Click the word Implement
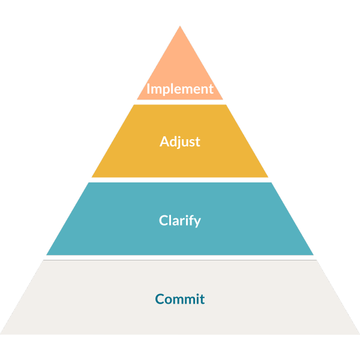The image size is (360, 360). coord(180,89)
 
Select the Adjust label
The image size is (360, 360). coord(180,142)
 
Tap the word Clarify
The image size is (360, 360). coord(180,220)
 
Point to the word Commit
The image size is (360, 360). coord(180,298)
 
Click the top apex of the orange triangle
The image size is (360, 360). coord(180,26)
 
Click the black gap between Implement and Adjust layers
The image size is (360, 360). coord(180,102)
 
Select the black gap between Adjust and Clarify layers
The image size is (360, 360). coord(180,180)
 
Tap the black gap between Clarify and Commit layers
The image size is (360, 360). coord(180,257)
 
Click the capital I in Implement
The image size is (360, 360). coord(149,89)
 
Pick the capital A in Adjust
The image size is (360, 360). coord(164,142)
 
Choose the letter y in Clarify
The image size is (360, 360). coord(197,222)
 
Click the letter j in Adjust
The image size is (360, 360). coord(179,143)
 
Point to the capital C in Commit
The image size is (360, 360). coord(160,298)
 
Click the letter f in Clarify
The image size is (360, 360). coord(191,220)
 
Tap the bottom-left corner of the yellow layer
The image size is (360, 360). coord(92,177)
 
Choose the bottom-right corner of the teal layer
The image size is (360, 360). coord(313,254)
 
